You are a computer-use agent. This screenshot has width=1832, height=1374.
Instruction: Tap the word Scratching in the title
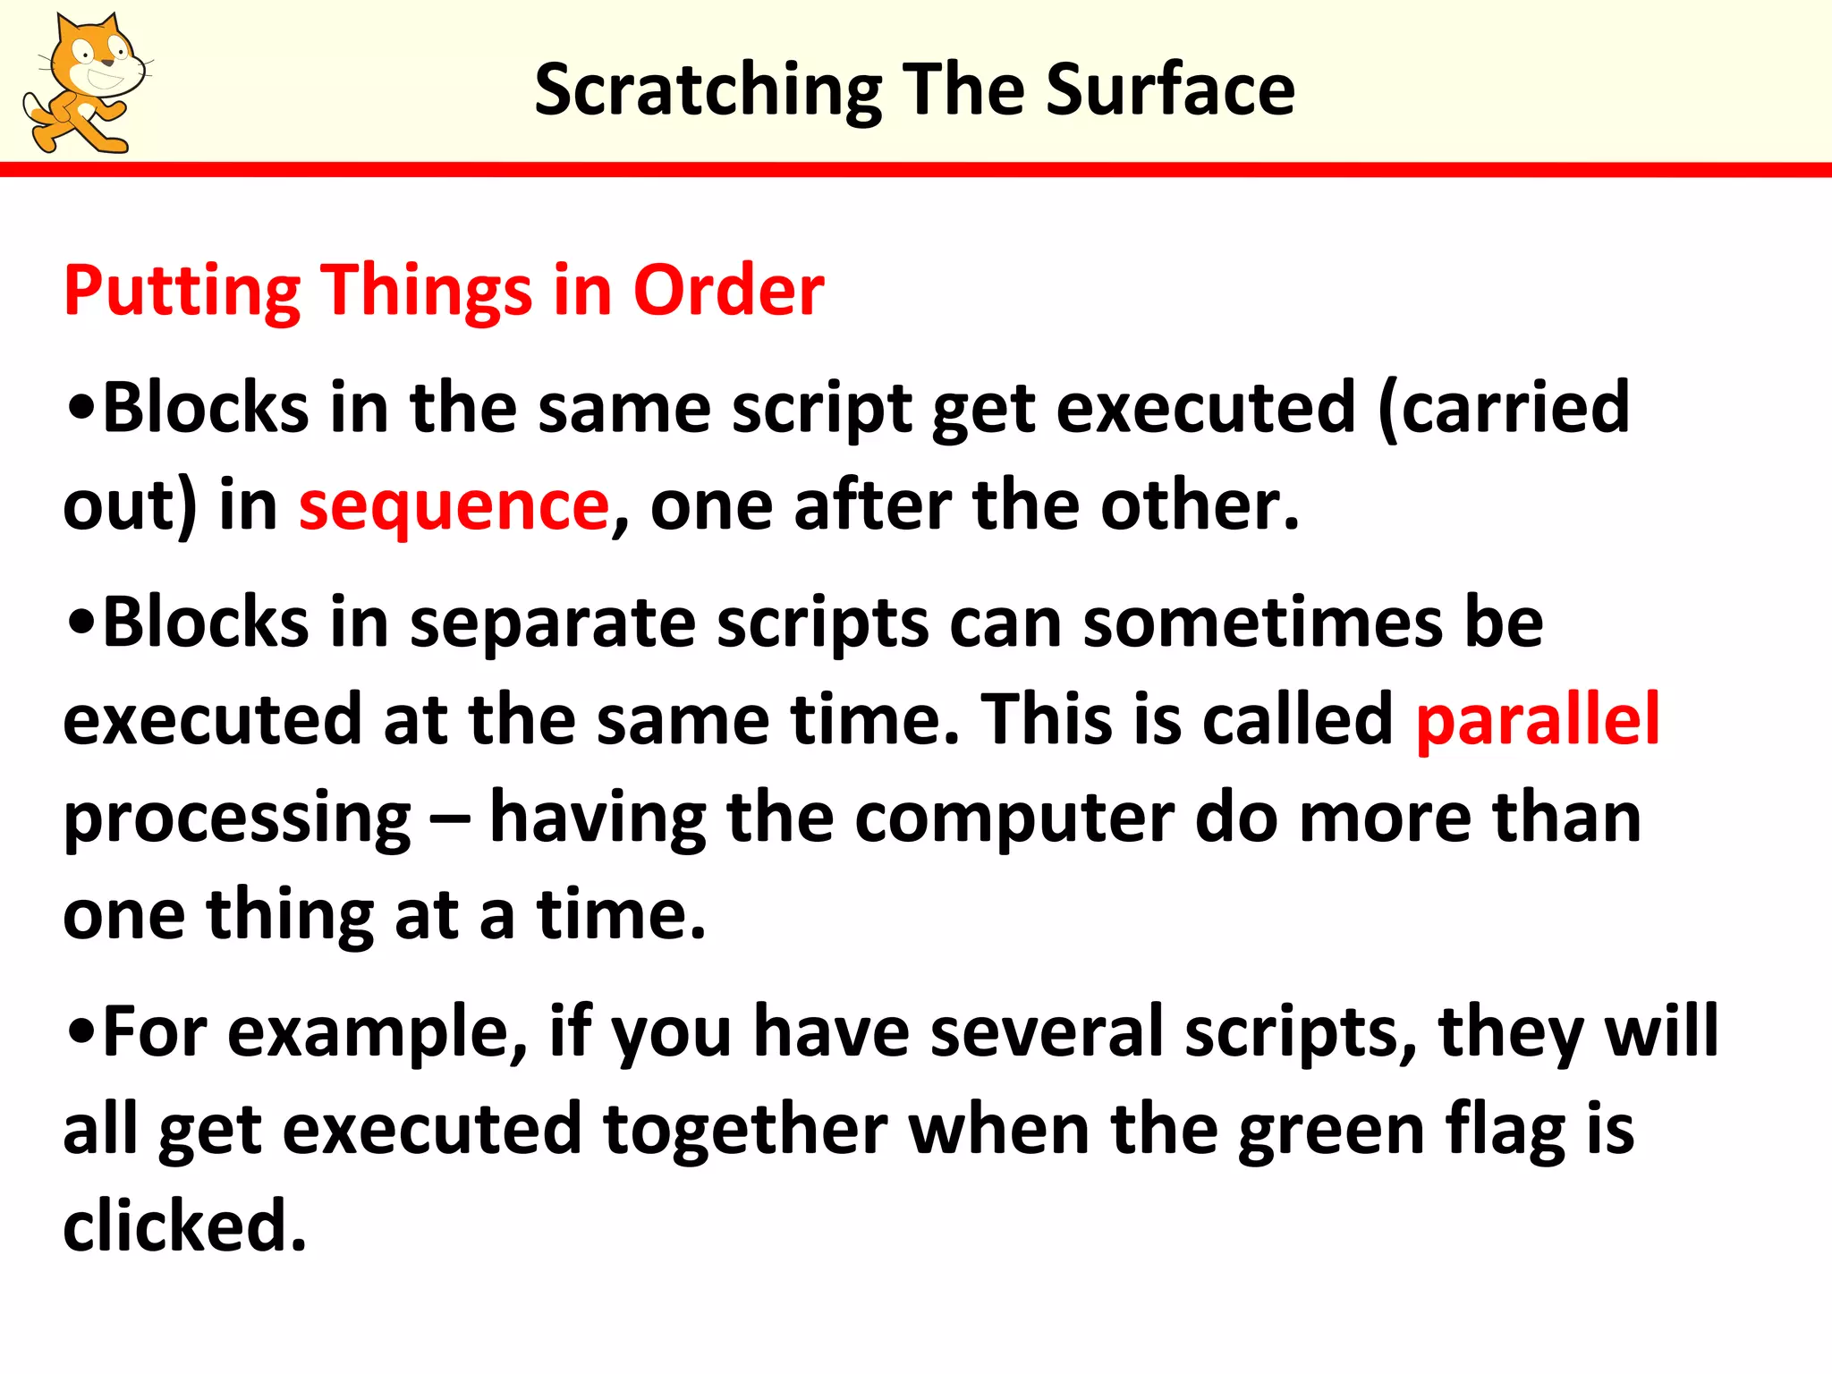click(x=708, y=90)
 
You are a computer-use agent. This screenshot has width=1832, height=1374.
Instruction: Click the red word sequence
click(x=454, y=505)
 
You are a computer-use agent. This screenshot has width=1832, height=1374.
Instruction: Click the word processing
click(x=236, y=818)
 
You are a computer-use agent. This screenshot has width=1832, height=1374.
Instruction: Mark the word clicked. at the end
click(x=184, y=1226)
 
